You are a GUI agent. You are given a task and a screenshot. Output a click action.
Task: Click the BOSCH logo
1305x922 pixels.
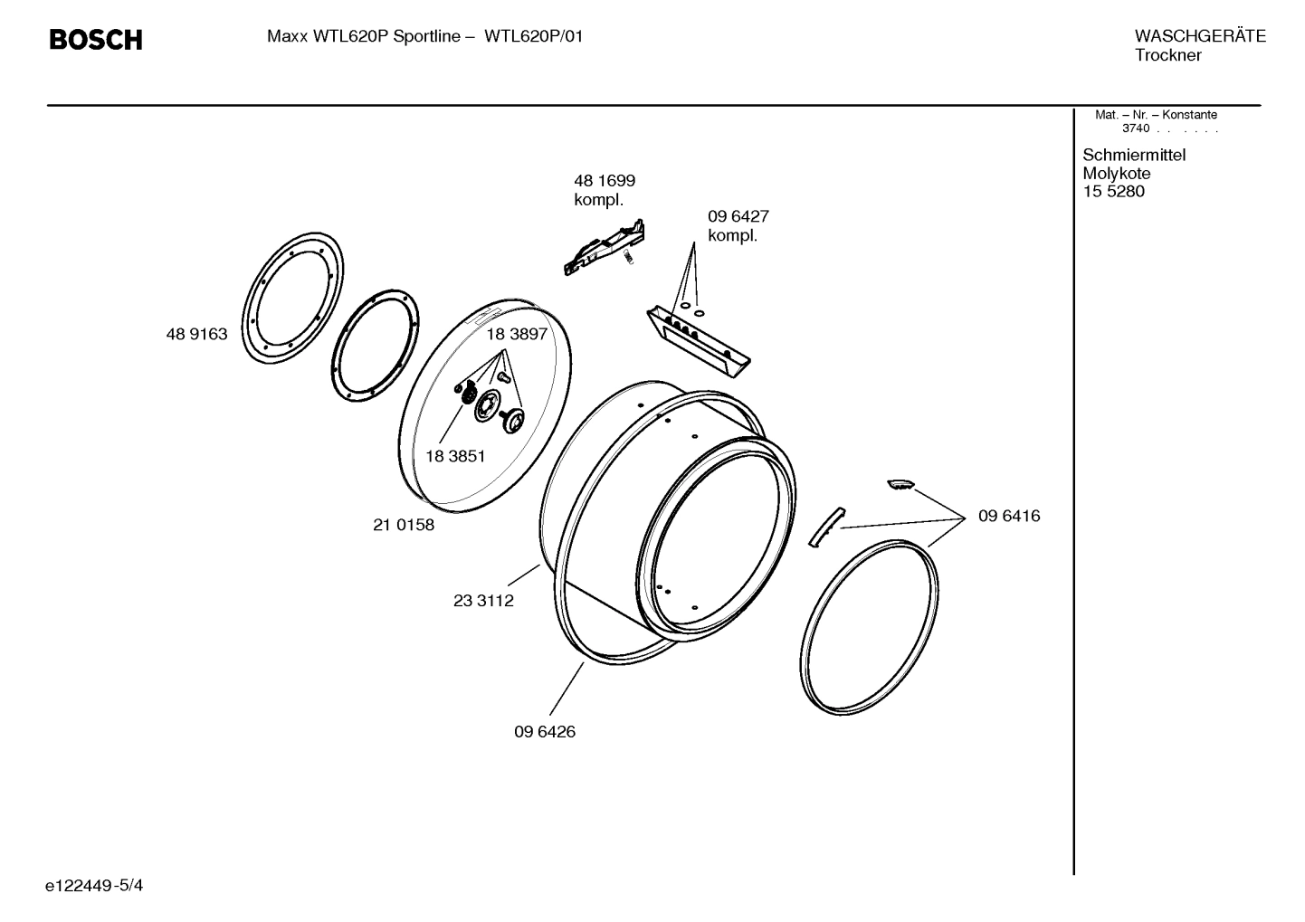tap(95, 40)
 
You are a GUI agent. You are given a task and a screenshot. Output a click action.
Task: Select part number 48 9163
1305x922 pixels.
tap(196, 334)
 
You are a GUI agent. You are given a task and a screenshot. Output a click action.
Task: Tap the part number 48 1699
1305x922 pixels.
tap(604, 181)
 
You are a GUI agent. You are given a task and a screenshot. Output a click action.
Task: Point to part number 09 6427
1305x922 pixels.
tap(738, 216)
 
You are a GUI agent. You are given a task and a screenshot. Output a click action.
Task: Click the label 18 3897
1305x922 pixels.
tap(517, 334)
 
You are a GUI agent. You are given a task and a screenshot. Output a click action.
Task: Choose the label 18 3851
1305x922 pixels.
tap(454, 456)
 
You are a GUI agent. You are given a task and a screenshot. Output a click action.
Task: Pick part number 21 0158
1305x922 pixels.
tap(404, 525)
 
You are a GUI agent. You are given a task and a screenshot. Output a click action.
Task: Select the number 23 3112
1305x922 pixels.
tap(483, 601)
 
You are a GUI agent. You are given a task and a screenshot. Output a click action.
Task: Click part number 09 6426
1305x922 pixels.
tap(545, 732)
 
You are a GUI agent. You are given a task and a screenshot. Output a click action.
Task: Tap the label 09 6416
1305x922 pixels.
tap(1009, 516)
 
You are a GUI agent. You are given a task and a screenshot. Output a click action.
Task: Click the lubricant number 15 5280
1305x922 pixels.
tap(1113, 192)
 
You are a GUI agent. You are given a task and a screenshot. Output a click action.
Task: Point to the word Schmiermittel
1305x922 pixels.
tap(1134, 155)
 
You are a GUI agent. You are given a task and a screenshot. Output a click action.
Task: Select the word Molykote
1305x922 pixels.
tap(1117, 174)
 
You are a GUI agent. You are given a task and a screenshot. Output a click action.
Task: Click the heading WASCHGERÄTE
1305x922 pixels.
tap(1200, 36)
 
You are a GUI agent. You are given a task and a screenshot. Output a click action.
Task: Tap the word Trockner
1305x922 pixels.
tap(1168, 55)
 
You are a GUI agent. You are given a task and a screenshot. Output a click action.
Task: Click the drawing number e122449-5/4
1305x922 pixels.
tap(94, 885)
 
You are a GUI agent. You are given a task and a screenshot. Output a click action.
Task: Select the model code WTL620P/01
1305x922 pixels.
tap(534, 36)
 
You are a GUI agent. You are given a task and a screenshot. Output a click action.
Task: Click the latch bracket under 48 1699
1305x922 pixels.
tap(604, 248)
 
